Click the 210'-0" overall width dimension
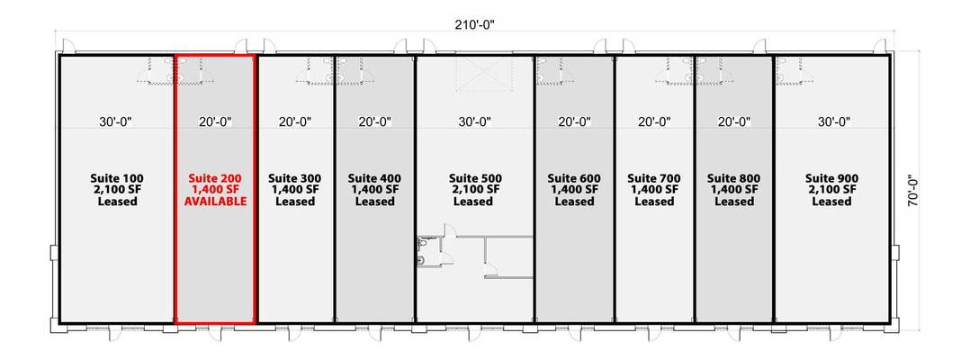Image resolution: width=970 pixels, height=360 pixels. pyautogui.click(x=476, y=24)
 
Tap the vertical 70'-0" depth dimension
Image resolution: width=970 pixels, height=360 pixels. pyautogui.click(x=913, y=191)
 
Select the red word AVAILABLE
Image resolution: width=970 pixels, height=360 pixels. pyautogui.click(x=215, y=202)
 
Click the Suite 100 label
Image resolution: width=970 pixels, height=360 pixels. pyautogui.click(x=117, y=178)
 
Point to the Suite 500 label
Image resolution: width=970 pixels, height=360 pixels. pyautogui.click(x=475, y=178)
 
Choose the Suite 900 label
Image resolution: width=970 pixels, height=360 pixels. pyautogui.click(x=831, y=178)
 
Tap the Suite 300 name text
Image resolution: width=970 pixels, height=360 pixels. pyautogui.click(x=295, y=178)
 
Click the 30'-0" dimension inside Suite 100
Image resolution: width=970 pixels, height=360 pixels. pyautogui.click(x=116, y=121)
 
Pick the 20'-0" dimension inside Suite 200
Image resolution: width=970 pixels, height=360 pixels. pyautogui.click(x=215, y=121)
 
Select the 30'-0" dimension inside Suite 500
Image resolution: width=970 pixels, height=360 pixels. pyautogui.click(x=475, y=121)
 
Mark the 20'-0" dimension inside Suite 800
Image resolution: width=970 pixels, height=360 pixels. pyautogui.click(x=734, y=121)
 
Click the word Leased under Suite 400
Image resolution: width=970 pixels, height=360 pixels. pyautogui.click(x=375, y=202)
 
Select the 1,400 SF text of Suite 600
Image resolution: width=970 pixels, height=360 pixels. pyautogui.click(x=574, y=190)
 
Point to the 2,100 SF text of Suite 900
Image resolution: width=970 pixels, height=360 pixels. pyautogui.click(x=831, y=190)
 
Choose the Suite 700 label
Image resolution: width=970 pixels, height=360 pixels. pyautogui.click(x=654, y=178)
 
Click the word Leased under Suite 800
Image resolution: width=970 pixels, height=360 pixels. pyautogui.click(x=734, y=202)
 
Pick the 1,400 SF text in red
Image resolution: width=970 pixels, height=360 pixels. pyautogui.click(x=215, y=190)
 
